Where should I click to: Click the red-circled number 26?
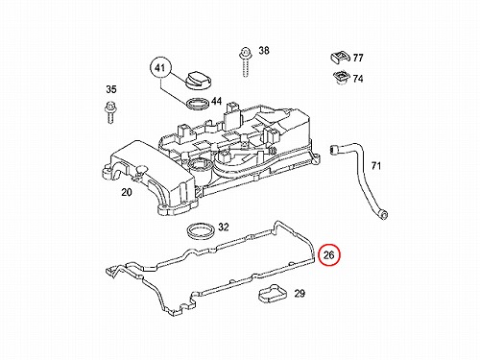(x=328, y=255)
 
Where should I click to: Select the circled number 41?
(x=160, y=68)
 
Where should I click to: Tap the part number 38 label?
(x=264, y=51)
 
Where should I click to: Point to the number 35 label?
(x=111, y=89)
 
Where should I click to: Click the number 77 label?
(x=358, y=58)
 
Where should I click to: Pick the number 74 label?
(x=358, y=79)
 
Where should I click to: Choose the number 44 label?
(x=216, y=102)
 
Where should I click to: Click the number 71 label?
(x=376, y=166)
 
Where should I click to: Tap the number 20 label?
(x=127, y=192)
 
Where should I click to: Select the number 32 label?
(x=224, y=228)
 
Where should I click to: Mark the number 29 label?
(x=300, y=294)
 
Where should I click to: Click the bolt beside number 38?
(x=246, y=62)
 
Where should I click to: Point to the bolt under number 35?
(x=109, y=112)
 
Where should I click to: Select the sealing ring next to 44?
(x=198, y=104)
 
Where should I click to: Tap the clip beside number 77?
(x=340, y=57)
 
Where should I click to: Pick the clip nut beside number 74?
(x=341, y=78)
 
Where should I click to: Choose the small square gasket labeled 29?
(x=273, y=293)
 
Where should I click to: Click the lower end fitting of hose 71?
(x=382, y=214)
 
